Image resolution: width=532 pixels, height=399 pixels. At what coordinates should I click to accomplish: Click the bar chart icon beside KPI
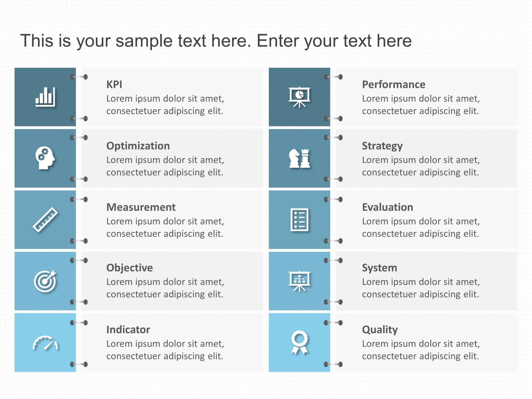pyautogui.click(x=45, y=97)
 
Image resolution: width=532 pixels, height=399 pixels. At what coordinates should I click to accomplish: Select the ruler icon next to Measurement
pyautogui.click(x=45, y=220)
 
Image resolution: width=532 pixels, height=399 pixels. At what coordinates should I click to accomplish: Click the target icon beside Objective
pyautogui.click(x=45, y=281)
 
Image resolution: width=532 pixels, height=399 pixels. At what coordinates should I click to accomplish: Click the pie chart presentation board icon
pyautogui.click(x=300, y=97)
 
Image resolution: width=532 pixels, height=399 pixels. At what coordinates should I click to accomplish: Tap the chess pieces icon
pyautogui.click(x=300, y=158)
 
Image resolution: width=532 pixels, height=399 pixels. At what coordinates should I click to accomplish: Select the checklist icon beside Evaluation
pyautogui.click(x=300, y=220)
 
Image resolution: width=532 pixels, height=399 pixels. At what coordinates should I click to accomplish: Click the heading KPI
pyautogui.click(x=114, y=84)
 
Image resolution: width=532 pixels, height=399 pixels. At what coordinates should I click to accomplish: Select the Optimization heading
pyautogui.click(x=138, y=146)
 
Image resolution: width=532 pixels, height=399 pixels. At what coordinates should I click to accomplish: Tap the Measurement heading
pyautogui.click(x=141, y=207)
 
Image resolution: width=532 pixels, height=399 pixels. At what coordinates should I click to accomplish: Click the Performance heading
pyautogui.click(x=394, y=84)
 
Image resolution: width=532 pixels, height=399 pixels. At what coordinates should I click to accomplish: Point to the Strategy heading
pyautogui.click(x=382, y=146)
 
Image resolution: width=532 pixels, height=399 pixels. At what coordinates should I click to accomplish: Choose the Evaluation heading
pyautogui.click(x=387, y=207)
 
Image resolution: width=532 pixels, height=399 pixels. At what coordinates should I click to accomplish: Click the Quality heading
pyautogui.click(x=380, y=329)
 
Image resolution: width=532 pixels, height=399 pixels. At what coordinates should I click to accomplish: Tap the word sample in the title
pyautogui.click(x=144, y=41)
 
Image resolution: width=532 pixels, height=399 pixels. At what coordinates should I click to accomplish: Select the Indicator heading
pyautogui.click(x=128, y=329)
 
